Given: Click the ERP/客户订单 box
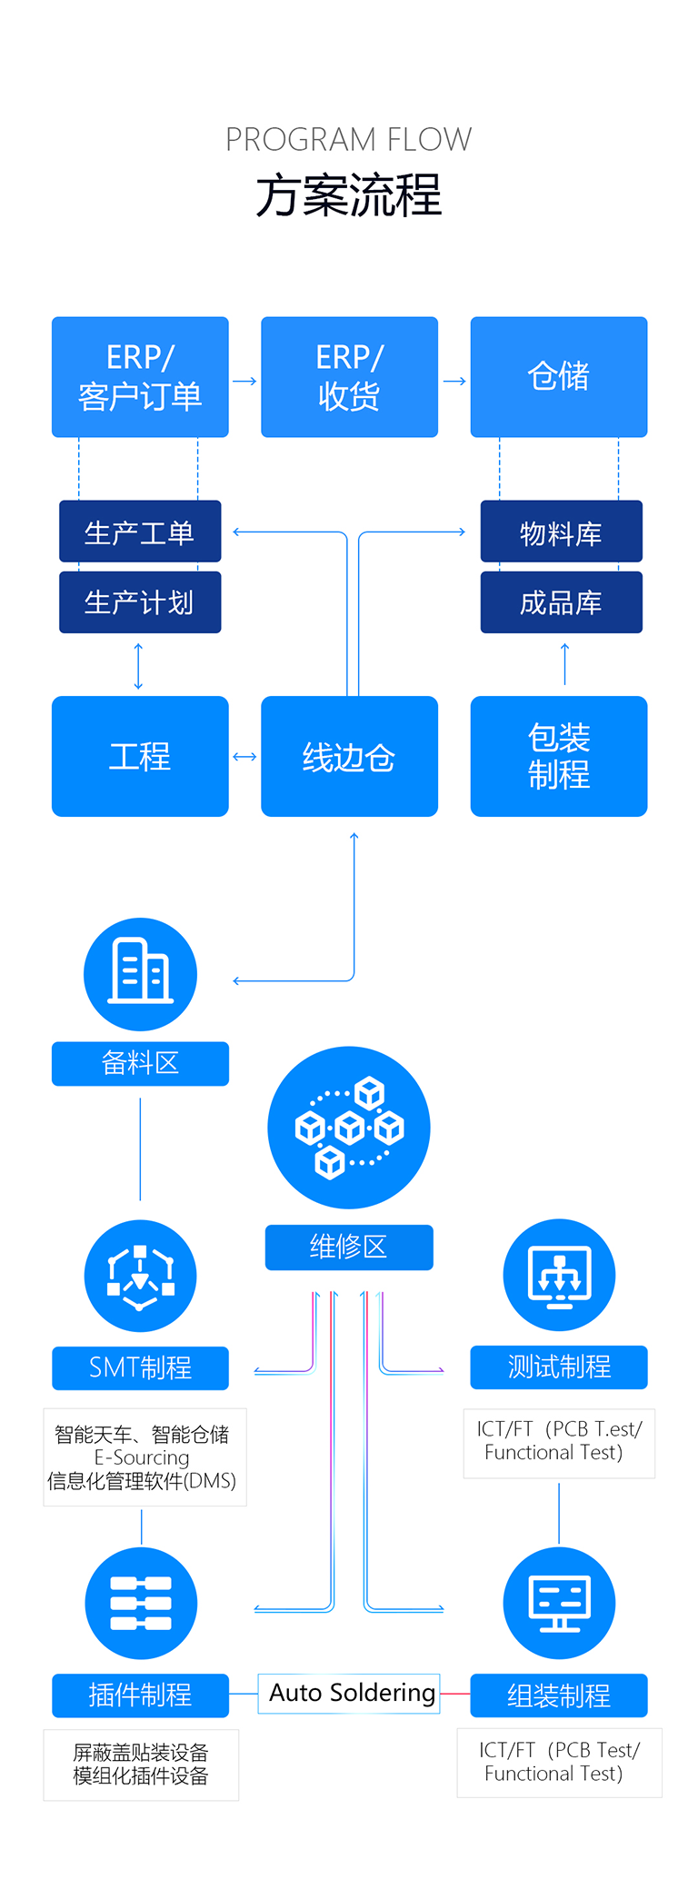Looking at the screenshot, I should point(140,376).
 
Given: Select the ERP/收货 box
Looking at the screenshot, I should point(349,376).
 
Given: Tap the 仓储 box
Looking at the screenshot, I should point(558,376).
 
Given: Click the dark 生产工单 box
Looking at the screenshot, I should point(140,532).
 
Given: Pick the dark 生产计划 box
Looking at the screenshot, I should point(140,601).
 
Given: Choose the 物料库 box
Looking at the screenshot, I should point(561,532).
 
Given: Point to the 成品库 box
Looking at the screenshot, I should point(561,601).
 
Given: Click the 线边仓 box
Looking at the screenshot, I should point(349,756).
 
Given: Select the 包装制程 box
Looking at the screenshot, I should point(558,756).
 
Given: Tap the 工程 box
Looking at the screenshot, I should point(140,756).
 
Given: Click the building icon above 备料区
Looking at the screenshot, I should point(140,973).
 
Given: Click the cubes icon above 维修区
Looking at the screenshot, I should point(349,1127).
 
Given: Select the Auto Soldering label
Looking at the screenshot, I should point(351,1693).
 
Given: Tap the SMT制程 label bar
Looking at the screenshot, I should point(140,1367).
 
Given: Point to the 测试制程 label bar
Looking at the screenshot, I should point(558,1367).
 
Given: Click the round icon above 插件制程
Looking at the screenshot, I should point(140,1603).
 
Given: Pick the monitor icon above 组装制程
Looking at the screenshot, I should point(559,1603).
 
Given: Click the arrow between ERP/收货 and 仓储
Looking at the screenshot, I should point(454,382).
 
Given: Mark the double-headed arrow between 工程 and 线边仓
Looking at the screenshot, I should point(244,756).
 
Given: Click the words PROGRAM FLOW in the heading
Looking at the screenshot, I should point(348,140).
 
